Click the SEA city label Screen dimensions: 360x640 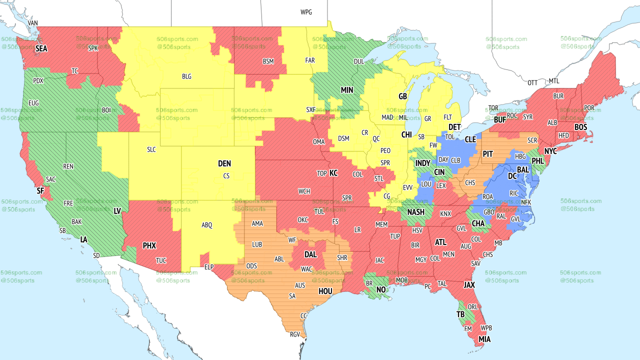[x=41, y=48]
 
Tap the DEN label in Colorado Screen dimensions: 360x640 [x=224, y=163]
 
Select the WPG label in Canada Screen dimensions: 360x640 [x=306, y=12]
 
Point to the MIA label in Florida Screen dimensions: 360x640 [x=484, y=339]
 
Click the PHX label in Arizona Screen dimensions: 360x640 [x=149, y=245]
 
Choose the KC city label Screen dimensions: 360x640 [x=333, y=173]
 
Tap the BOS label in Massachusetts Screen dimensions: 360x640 [x=580, y=127]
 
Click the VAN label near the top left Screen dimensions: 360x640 [x=33, y=23]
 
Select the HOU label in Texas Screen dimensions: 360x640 [x=325, y=291]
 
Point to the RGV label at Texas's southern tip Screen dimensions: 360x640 [x=294, y=335]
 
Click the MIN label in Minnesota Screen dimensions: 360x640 [x=347, y=90]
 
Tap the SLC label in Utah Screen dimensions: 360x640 [x=151, y=149]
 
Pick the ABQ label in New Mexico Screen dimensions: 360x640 [x=207, y=225]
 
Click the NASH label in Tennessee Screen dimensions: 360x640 [x=415, y=212]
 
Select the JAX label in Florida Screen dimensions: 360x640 [x=468, y=285]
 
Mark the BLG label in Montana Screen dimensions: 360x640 [x=186, y=76]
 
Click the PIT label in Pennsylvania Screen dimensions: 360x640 [x=488, y=154]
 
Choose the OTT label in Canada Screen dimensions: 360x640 [x=533, y=82]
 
